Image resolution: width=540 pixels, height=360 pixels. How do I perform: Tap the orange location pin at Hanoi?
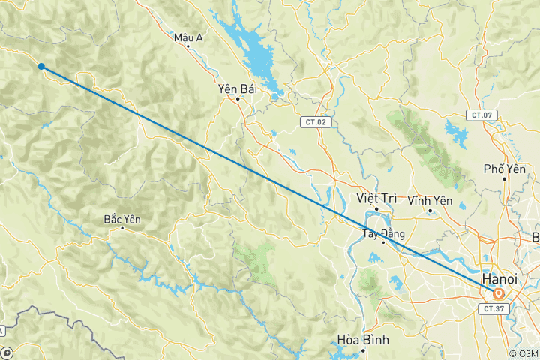click(498, 293)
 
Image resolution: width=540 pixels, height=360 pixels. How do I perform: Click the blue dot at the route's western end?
click(41, 67)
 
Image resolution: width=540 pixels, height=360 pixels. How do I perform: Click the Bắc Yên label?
click(122, 219)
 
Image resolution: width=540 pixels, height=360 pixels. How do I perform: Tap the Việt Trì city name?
click(376, 198)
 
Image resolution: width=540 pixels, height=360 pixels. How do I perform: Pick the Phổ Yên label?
click(502, 169)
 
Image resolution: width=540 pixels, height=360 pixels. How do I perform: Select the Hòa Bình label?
click(364, 340)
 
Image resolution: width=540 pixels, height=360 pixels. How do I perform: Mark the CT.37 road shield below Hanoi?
click(493, 308)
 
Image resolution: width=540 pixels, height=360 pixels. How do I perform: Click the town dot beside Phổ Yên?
click(503, 178)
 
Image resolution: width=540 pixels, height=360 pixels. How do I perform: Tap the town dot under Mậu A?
click(188, 46)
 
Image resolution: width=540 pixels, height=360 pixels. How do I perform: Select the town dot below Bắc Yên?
click(122, 228)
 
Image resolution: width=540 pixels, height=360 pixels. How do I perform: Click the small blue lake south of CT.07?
click(455, 136)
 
